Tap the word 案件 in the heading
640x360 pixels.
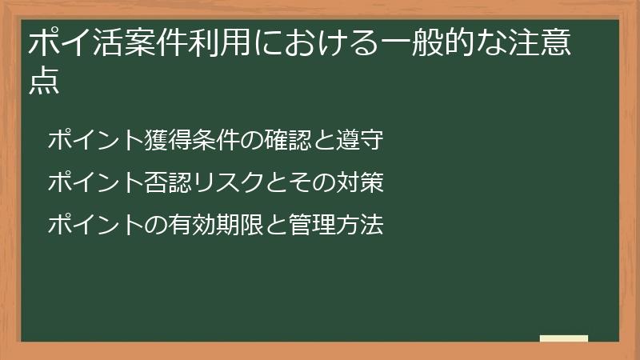coord(144,45)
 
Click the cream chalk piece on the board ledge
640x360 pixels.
coord(563,338)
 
